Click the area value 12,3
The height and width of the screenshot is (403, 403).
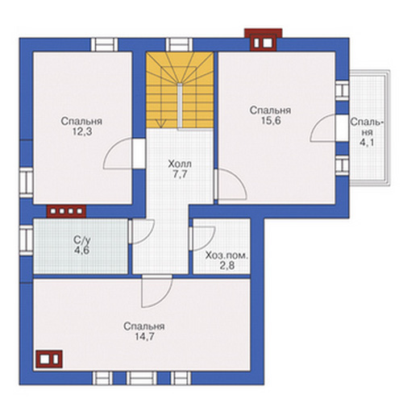pyautogui.click(x=81, y=131)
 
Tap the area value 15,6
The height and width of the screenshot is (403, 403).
pyautogui.click(x=271, y=121)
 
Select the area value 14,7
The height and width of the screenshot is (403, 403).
pyautogui.click(x=144, y=337)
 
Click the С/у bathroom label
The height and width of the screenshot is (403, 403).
pyautogui.click(x=82, y=239)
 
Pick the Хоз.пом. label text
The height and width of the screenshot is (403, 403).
pyautogui.click(x=227, y=256)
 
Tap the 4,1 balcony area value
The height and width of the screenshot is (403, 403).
pyautogui.click(x=367, y=143)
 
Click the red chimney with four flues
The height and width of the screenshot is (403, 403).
pyautogui.click(x=66, y=211)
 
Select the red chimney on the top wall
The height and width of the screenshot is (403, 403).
pyautogui.click(x=264, y=39)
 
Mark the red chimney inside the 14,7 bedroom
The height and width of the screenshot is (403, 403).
pyautogui.click(x=49, y=359)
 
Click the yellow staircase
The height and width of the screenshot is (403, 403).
pyautogui.click(x=180, y=90)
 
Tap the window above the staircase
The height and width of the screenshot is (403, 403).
pyautogui.click(x=179, y=44)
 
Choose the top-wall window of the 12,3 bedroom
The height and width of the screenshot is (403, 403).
pyautogui.click(x=104, y=44)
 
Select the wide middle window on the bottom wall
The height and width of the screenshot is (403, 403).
pyautogui.click(x=142, y=378)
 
